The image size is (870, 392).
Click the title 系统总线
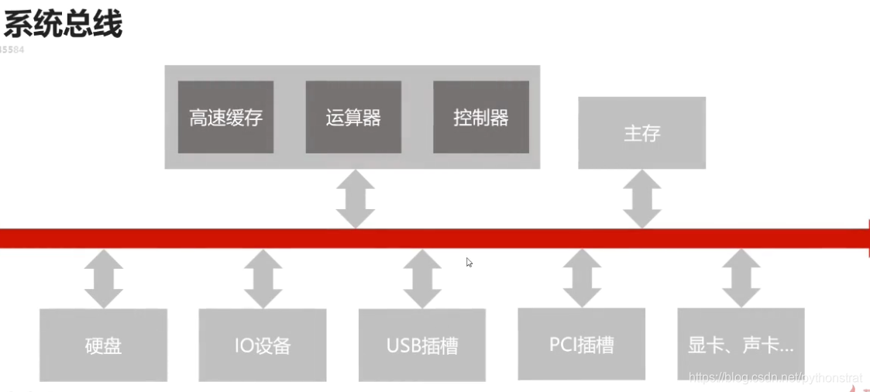[x=63, y=23]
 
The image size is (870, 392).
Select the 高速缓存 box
[x=225, y=117]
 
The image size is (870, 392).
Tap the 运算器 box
[x=353, y=117]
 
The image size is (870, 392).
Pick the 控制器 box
[x=481, y=117]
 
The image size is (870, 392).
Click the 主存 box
[x=641, y=132]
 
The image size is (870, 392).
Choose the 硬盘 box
[x=103, y=345]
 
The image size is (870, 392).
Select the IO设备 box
[x=263, y=345]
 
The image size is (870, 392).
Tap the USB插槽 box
[x=422, y=345]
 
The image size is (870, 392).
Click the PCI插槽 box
[x=581, y=344]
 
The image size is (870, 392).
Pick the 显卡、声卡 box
[x=741, y=344]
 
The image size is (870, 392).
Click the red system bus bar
[x=232, y=238]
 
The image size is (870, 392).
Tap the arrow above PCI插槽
[x=582, y=278]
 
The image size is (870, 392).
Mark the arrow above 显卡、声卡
[x=741, y=278]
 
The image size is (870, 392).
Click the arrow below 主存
[x=642, y=199]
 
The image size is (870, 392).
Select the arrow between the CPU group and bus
[x=356, y=199]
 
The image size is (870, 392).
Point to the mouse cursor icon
[x=469, y=263]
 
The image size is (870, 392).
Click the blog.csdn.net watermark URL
[x=775, y=377]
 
